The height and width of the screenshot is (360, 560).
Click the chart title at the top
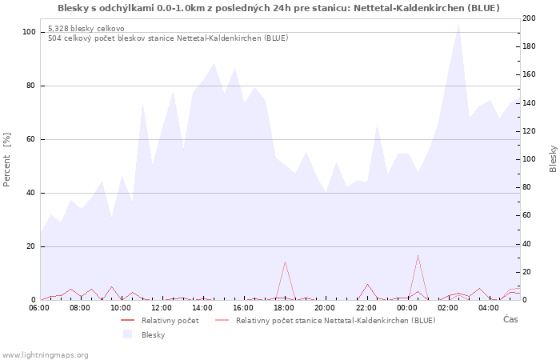(278, 8)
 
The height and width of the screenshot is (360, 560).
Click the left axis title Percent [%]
(7, 159)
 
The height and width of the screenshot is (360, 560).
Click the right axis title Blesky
(553, 158)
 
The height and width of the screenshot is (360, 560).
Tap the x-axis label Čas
(510, 319)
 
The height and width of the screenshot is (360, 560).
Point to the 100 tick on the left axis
(29, 32)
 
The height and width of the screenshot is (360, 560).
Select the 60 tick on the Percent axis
(30, 139)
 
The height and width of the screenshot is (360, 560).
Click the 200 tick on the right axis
(530, 18)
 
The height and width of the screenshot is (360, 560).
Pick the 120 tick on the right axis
(530, 131)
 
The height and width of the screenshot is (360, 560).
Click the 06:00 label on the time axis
(39, 307)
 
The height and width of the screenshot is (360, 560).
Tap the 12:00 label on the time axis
(162, 307)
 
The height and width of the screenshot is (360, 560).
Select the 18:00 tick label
(284, 307)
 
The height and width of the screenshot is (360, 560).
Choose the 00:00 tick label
(406, 307)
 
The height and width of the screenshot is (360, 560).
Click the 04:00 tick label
(488, 307)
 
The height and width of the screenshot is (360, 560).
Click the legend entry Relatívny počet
(170, 321)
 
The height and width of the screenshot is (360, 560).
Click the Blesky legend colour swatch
(127, 334)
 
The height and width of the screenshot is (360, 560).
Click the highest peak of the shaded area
(458, 23)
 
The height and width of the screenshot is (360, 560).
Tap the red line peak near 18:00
(285, 262)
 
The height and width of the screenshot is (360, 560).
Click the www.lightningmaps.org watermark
(45, 354)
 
